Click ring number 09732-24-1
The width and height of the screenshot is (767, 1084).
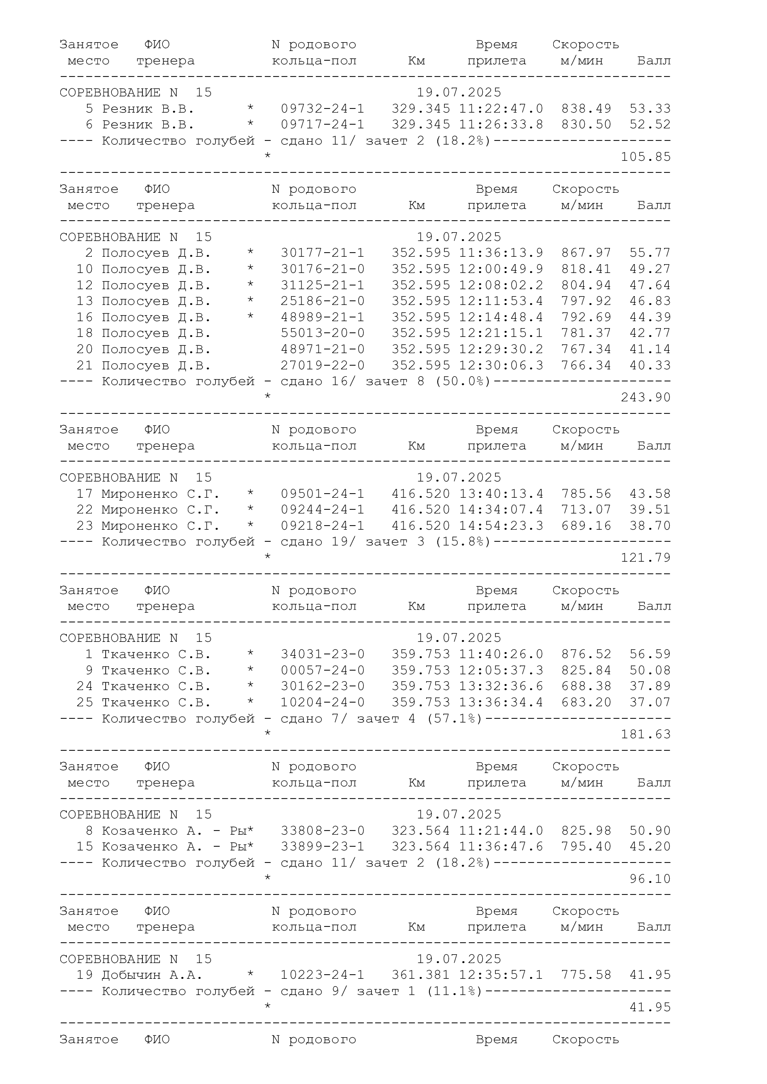point(323,108)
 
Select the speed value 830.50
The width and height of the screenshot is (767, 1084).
point(586,125)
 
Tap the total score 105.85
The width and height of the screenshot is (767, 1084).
point(646,157)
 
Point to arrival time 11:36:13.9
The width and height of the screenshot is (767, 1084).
point(501,253)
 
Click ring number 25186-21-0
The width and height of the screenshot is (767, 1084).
point(323,301)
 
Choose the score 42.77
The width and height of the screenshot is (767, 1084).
point(650,333)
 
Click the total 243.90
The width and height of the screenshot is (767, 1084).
point(646,398)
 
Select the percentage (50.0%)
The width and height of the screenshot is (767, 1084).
point(463,381)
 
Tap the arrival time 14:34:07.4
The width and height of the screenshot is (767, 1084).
point(501,510)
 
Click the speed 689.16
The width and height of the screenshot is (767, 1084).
point(586,526)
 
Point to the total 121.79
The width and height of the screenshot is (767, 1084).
point(646,558)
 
